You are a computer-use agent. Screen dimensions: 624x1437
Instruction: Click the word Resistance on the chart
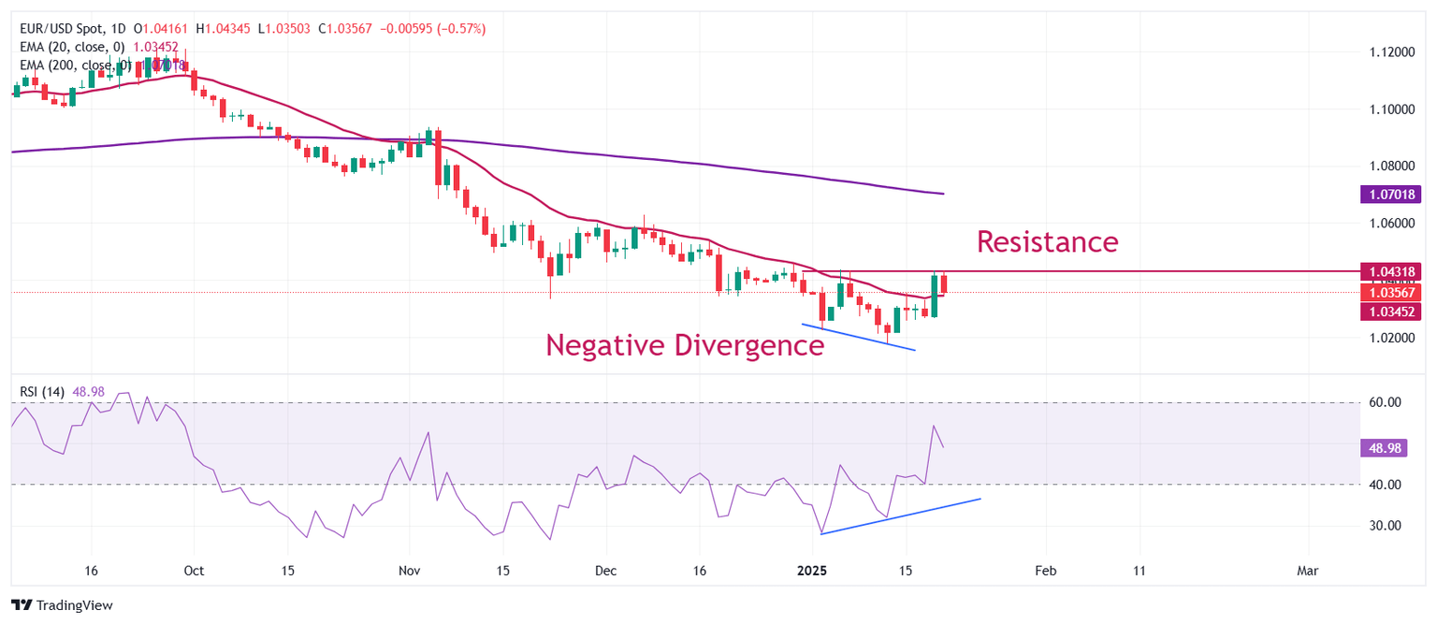click(1047, 241)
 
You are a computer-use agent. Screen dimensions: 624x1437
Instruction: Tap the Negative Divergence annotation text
click(685, 345)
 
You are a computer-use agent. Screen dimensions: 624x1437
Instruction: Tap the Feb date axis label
click(1046, 570)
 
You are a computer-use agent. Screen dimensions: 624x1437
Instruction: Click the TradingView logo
click(62, 605)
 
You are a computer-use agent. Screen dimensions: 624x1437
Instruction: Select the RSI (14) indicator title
click(42, 392)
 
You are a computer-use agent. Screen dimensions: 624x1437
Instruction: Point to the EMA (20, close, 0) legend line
click(72, 47)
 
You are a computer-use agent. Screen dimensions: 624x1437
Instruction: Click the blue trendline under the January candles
click(858, 337)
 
